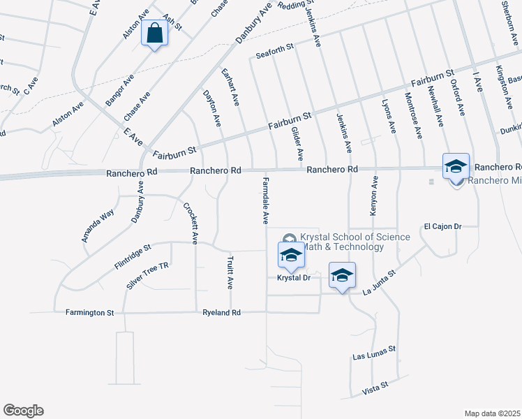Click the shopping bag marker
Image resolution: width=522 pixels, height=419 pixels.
coord(154,34)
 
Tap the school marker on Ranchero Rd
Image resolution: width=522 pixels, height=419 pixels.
coord(456,167)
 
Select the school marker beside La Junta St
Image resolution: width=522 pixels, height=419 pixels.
coord(341,276)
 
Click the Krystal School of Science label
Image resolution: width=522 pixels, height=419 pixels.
coord(355,242)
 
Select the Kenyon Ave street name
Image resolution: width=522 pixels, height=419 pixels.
coord(374,196)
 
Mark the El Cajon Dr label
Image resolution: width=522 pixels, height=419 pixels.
coord(443,226)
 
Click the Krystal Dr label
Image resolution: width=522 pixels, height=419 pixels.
coord(294,278)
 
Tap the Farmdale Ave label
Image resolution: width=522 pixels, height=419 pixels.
coord(265,200)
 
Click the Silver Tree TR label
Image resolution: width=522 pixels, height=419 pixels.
coord(148,277)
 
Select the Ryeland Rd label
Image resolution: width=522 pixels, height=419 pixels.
coord(221,313)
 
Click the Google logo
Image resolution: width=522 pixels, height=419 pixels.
coord(23,411)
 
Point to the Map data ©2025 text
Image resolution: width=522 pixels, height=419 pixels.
coord(493,413)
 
